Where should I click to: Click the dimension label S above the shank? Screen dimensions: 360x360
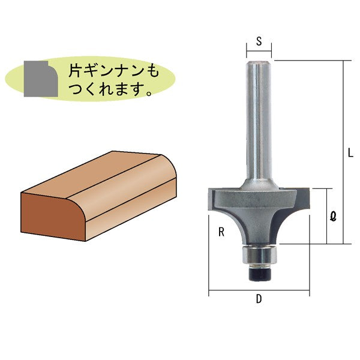(259, 41)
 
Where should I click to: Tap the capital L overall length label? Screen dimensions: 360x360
(350, 153)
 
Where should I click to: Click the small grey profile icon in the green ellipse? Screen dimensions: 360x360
(39, 78)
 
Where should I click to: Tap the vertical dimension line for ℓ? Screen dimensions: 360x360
(327, 216)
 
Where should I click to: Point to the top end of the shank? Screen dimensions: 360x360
(259, 60)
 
